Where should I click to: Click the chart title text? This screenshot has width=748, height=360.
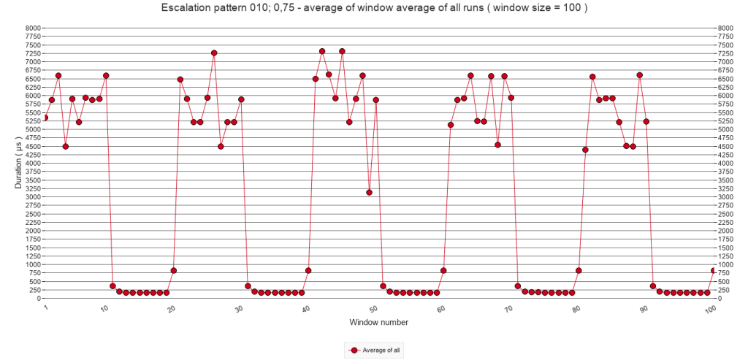[x=373, y=9]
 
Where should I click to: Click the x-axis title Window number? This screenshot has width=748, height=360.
[x=378, y=322]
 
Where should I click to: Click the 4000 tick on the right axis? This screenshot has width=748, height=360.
[x=725, y=163]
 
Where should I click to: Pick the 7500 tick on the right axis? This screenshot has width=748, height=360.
[x=725, y=45]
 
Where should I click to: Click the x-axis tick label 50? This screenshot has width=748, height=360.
[x=373, y=310]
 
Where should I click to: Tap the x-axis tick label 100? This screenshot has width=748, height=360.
[x=709, y=310]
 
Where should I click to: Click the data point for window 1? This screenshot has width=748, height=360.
[x=45, y=118]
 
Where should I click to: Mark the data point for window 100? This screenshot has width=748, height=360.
[x=714, y=270]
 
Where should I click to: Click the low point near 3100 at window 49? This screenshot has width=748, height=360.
[x=370, y=193]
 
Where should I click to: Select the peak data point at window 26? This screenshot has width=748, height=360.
[x=214, y=53]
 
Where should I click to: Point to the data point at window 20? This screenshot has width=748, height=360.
[x=174, y=270]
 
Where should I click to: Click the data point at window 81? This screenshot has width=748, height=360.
[x=586, y=150]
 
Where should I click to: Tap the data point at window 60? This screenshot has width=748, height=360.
[x=444, y=270]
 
